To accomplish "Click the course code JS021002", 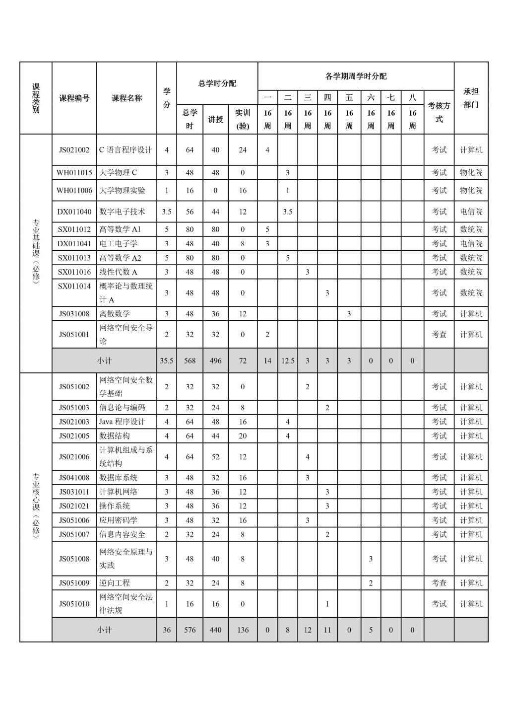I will (x=74, y=150).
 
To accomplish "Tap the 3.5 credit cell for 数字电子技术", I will (x=167, y=212).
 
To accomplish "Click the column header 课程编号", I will (x=74, y=98).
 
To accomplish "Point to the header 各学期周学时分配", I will (x=356, y=76).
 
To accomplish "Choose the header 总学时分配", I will (x=217, y=83).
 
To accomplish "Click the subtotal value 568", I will (x=190, y=361).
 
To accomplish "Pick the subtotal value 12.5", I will (x=288, y=361).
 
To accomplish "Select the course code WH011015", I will (x=74, y=173).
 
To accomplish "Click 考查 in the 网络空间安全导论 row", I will (x=439, y=335).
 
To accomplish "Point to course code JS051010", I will (x=74, y=604).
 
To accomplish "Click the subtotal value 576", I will (x=190, y=630).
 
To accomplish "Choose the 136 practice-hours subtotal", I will (x=243, y=630).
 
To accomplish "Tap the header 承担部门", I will (x=471, y=98).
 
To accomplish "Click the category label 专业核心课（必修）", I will (x=36, y=505).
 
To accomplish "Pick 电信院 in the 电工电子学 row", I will (x=471, y=244).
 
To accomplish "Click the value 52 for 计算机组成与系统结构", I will (x=215, y=457).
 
